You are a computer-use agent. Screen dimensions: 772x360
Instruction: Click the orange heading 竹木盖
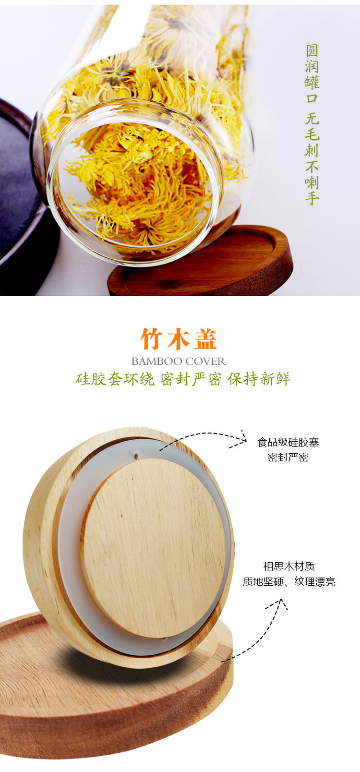[x=179, y=339]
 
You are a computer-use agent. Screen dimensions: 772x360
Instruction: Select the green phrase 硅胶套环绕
[x=115, y=379]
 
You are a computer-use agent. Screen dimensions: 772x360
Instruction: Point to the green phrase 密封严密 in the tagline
[x=191, y=379]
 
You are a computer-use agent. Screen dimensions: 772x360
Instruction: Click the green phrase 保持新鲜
[x=259, y=379]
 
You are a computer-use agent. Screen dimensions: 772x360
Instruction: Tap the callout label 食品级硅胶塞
[x=288, y=442]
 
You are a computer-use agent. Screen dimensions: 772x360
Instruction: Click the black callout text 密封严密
[x=288, y=457]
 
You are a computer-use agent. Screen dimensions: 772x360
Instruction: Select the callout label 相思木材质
[x=289, y=567]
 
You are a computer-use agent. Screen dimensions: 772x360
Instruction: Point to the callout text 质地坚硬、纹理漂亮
[x=289, y=582]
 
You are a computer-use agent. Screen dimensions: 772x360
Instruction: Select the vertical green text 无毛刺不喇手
[x=312, y=158]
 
